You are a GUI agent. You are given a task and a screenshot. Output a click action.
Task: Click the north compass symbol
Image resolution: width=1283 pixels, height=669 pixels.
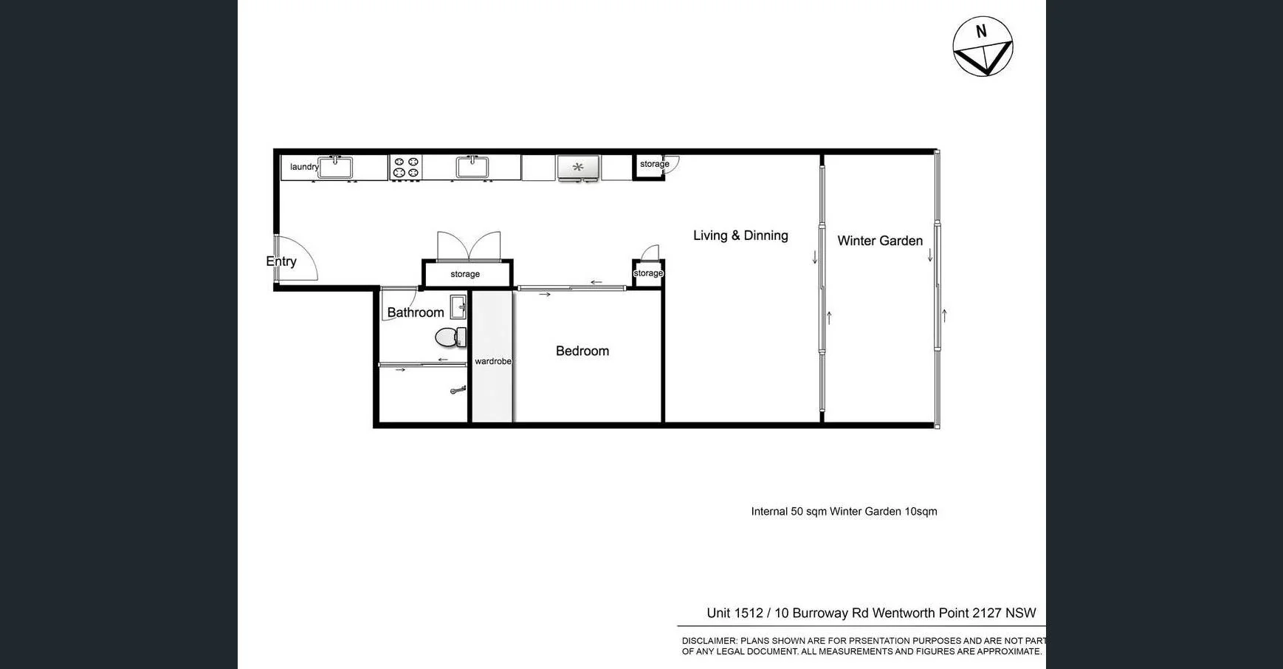click(983, 47)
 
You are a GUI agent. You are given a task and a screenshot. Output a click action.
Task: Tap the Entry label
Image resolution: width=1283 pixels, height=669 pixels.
click(281, 261)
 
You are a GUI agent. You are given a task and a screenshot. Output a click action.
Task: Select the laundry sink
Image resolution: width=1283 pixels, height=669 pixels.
click(335, 167)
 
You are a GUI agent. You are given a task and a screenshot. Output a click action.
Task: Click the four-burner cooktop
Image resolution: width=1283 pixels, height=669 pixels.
click(406, 168)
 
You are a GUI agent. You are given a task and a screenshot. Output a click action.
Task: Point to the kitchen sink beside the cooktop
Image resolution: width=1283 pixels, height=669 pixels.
click(472, 167)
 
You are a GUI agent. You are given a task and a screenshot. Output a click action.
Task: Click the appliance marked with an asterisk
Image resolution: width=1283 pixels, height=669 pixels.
click(578, 168)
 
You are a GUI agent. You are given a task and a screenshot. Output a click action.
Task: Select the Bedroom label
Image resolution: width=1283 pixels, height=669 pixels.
click(582, 351)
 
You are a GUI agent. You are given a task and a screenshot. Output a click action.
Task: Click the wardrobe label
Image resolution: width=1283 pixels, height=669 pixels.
click(492, 361)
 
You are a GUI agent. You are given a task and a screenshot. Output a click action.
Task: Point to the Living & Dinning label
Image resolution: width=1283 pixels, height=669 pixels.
click(740, 236)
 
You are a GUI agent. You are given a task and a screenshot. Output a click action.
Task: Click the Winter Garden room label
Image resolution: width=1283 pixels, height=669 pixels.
click(880, 241)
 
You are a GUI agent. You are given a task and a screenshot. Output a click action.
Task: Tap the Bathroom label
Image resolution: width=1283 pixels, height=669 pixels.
click(416, 312)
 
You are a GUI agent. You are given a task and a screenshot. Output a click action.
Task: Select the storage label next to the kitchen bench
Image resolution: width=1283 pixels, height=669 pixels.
click(654, 164)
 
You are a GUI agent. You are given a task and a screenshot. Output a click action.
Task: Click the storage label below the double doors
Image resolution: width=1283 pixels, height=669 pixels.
click(465, 274)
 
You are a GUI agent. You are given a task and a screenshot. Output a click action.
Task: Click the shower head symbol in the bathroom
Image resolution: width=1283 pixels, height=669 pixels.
click(458, 390)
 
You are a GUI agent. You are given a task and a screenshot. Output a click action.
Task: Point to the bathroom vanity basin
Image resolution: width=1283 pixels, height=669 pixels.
click(458, 306)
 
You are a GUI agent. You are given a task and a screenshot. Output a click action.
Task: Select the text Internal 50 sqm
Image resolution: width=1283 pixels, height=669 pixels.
click(788, 512)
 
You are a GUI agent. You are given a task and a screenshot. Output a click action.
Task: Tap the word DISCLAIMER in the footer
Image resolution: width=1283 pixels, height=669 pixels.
click(709, 641)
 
